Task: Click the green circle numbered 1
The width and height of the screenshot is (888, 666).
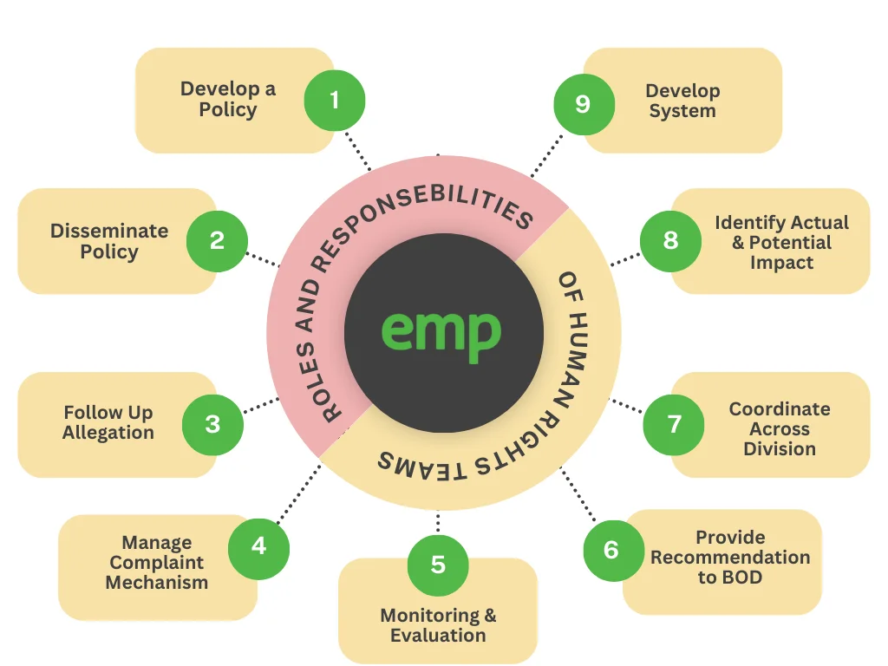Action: [x=335, y=101]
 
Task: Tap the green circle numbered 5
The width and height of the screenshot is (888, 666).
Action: [x=438, y=565]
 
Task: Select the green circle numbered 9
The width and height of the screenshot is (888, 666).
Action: [x=584, y=104]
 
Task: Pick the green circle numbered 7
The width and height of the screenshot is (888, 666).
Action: [x=673, y=425]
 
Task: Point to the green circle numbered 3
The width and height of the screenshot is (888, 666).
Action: [x=212, y=425]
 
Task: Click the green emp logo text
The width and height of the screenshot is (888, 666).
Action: [x=441, y=334]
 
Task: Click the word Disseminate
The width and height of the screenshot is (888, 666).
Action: [x=109, y=231]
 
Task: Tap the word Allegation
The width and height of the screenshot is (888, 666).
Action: [x=108, y=433]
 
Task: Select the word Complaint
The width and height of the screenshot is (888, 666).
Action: [x=156, y=563]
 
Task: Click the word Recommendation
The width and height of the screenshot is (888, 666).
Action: [x=730, y=558]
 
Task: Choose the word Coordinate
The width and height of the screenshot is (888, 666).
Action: [x=780, y=409]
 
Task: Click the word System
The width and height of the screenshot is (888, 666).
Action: [x=682, y=111]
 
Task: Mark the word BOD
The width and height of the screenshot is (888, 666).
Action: [x=741, y=578]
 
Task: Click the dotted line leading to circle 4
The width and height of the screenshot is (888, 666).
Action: [x=298, y=493]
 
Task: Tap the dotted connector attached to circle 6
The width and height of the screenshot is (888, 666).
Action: [x=578, y=495]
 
